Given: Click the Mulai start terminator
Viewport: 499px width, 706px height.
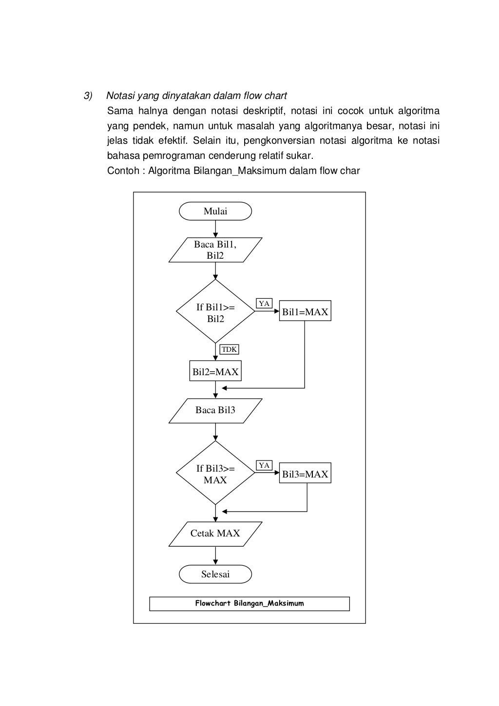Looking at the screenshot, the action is pyautogui.click(x=215, y=211).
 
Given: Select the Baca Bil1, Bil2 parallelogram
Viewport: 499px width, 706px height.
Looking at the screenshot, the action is pyautogui.click(x=215, y=250).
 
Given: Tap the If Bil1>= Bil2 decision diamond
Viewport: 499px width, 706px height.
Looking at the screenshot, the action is pyautogui.click(x=215, y=311).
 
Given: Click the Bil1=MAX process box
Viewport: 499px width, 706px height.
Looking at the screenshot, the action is pyautogui.click(x=305, y=311).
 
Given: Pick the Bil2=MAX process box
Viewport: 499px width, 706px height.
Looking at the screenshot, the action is pyautogui.click(x=215, y=371).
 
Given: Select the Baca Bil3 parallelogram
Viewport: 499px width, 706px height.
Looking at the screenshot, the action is pyautogui.click(x=215, y=411).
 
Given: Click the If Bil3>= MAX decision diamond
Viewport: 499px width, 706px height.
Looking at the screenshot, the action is pyautogui.click(x=215, y=473).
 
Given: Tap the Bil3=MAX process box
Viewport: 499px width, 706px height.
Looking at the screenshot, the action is pyautogui.click(x=305, y=473).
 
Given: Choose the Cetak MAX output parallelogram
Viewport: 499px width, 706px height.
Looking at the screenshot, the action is pyautogui.click(x=215, y=534).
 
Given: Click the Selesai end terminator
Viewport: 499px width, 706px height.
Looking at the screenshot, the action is pyautogui.click(x=215, y=574).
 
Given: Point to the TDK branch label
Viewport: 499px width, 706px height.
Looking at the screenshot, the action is pyautogui.click(x=229, y=349).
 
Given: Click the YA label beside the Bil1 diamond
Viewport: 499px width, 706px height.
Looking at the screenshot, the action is pyautogui.click(x=264, y=303).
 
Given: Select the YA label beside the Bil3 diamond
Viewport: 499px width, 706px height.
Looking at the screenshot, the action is pyautogui.click(x=264, y=465).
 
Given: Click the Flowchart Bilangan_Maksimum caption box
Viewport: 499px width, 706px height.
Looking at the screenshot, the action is pyautogui.click(x=249, y=604).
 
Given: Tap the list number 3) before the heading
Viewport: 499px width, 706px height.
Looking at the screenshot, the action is pyautogui.click(x=88, y=95).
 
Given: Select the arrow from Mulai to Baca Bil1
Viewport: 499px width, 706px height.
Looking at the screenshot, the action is pyautogui.click(x=215, y=229).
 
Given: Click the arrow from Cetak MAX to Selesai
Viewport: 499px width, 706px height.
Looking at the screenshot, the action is pyautogui.click(x=215, y=555).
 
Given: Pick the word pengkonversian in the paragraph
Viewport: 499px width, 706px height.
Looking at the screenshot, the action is pyautogui.click(x=279, y=141).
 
